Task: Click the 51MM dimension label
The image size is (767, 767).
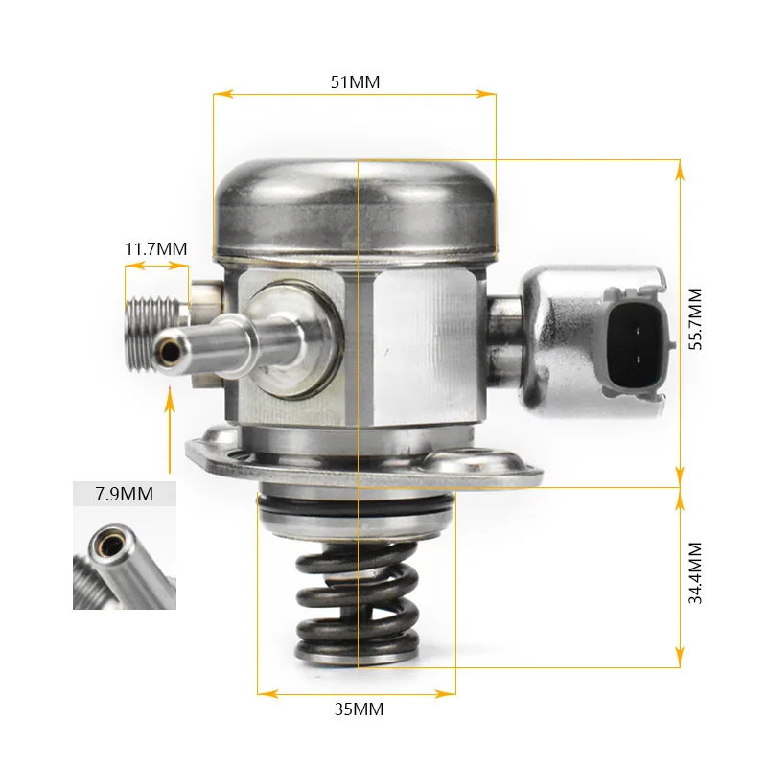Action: point(355,82)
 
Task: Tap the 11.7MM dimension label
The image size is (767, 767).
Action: point(155,249)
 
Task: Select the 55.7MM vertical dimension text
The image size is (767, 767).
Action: point(696,318)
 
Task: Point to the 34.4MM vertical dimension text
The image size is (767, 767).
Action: point(696,572)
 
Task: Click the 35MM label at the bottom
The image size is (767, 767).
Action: point(358,710)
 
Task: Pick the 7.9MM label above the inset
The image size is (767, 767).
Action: point(125,495)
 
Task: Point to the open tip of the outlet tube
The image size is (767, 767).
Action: point(170,352)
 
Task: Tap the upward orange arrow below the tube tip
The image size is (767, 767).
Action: point(170,422)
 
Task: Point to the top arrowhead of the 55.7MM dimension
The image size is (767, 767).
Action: point(680,167)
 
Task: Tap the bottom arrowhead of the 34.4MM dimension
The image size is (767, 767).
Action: point(680,660)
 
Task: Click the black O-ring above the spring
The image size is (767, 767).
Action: point(357,509)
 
